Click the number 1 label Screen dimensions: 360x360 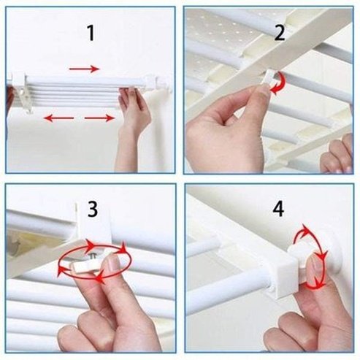(91, 33)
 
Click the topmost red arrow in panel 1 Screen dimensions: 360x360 (85, 69)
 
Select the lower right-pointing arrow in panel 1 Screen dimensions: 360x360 (100, 117)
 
